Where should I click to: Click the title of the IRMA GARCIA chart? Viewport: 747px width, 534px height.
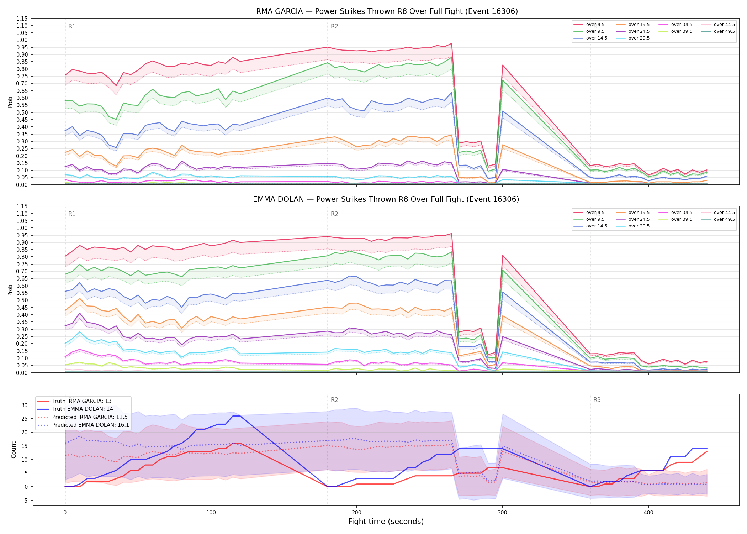(386, 11)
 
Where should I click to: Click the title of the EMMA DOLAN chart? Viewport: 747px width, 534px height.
(386, 199)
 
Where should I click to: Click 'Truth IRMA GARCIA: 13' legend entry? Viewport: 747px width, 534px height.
(82, 401)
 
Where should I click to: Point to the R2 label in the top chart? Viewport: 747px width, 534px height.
(334, 26)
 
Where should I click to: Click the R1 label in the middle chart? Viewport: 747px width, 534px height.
(72, 214)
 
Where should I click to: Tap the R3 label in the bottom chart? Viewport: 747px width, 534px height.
(597, 400)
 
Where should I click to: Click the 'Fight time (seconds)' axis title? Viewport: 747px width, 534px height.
(386, 522)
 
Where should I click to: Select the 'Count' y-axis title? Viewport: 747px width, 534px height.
(14, 450)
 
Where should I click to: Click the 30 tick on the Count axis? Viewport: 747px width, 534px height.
(24, 405)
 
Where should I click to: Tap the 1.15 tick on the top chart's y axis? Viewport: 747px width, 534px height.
(22, 19)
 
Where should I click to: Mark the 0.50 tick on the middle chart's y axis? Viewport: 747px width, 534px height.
(22, 300)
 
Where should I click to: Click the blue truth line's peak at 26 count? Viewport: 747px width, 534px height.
(236, 416)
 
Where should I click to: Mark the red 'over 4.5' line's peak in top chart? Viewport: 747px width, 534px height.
(451, 43)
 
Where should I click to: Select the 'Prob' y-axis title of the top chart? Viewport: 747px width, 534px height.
(10, 102)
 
